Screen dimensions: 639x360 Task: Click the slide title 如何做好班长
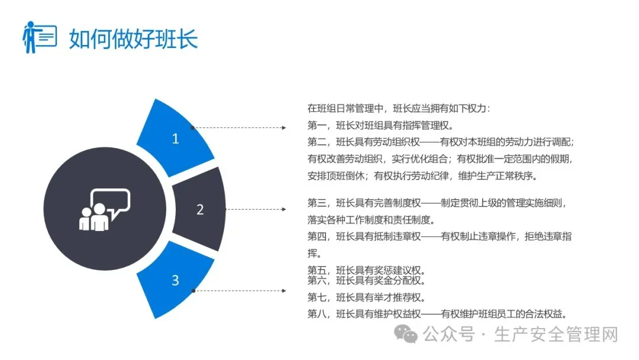point(133,38)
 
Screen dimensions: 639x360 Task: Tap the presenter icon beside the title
point(39,37)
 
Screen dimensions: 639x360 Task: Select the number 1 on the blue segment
point(175,139)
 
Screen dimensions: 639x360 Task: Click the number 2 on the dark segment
point(200,210)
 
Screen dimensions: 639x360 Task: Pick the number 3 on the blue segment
point(175,280)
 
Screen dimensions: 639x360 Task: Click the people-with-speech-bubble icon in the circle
point(104,210)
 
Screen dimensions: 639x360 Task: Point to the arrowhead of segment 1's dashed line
point(285,127)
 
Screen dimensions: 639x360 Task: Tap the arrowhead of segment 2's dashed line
point(285,209)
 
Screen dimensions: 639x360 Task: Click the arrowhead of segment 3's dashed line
point(285,291)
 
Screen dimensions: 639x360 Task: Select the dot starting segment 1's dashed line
point(193,127)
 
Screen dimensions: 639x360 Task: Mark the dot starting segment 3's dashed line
point(193,291)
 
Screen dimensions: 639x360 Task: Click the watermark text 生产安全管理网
point(556,335)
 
